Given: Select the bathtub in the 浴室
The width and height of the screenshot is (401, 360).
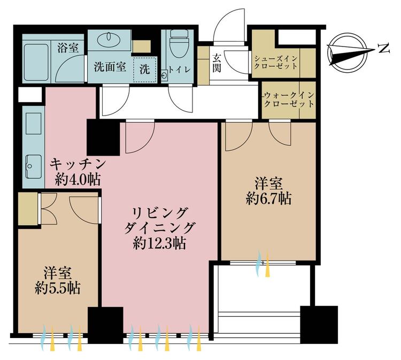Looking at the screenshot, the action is [37, 62].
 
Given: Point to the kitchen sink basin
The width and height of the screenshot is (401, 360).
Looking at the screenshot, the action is [34, 166].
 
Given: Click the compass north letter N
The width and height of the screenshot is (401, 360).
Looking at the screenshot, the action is [384, 48].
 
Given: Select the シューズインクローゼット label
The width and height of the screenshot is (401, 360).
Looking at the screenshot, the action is [276, 63].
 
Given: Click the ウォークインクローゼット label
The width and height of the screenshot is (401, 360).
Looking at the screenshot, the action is [289, 99].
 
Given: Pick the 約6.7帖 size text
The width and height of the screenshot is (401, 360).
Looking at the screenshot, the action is [269, 198].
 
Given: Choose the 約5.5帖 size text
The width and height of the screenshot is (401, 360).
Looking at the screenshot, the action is [58, 288].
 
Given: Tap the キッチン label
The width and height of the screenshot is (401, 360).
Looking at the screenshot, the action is [78, 164].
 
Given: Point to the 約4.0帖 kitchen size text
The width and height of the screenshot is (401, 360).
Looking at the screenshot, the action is [78, 180].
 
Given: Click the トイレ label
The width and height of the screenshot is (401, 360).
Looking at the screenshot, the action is [180, 70].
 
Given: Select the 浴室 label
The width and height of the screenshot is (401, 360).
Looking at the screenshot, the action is [68, 48].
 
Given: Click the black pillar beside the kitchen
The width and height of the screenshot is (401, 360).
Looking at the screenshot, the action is [103, 137].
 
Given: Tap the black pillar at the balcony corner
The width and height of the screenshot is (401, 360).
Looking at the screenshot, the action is [319, 325].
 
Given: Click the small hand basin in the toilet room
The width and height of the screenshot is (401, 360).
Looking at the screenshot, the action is [164, 76].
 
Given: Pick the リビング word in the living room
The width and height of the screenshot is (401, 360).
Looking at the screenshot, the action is [159, 213].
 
